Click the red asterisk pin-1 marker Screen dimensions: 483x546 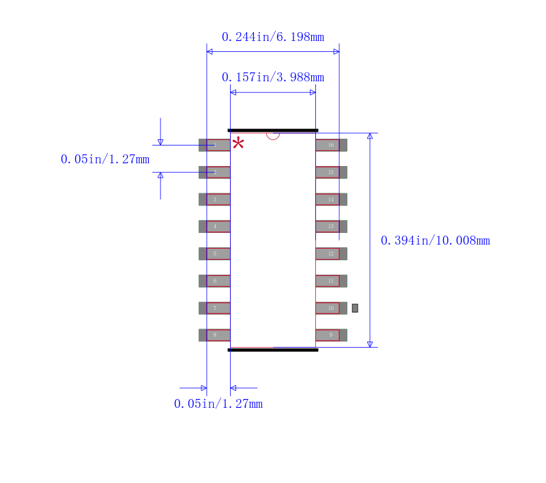238,143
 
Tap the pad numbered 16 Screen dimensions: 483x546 331,145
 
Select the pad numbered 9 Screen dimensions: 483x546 331,335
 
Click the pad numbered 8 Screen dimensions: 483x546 214,335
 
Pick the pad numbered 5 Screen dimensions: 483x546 214,253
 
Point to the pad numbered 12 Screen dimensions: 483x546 331,253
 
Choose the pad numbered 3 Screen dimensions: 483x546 214,199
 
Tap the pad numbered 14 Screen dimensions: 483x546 331,199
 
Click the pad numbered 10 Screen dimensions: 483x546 331,308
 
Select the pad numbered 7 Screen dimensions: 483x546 214,308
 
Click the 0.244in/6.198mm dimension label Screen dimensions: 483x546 272,37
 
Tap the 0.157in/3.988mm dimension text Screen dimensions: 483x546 272,77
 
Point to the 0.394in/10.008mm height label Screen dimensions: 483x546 435,240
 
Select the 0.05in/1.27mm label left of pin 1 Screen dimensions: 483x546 104,159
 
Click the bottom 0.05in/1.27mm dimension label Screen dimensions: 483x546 218,404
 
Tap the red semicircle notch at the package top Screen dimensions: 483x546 273,135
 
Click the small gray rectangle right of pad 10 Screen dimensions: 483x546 355,308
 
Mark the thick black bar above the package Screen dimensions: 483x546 273,130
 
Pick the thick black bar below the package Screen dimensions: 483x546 273,350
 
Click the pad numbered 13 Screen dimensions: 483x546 331,226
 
